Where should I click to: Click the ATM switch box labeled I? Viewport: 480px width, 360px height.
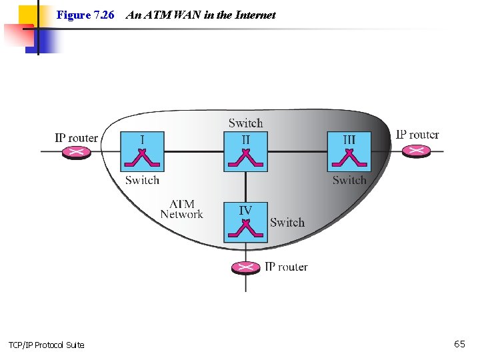tap(142, 151)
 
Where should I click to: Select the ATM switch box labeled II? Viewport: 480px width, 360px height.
tap(245, 151)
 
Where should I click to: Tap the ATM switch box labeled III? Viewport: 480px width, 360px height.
tap(349, 151)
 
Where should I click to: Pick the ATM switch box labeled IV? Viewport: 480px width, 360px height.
tap(245, 222)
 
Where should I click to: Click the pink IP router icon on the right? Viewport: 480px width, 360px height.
tap(417, 151)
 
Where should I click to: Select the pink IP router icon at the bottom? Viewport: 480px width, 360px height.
tap(246, 267)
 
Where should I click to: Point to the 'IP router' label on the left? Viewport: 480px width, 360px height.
tap(76, 138)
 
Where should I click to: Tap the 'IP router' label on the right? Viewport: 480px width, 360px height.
tap(417, 135)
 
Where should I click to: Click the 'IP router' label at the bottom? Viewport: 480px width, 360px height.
tap(286, 267)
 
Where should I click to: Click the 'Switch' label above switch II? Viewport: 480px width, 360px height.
tap(245, 123)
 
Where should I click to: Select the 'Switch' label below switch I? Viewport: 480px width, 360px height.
tap(142, 180)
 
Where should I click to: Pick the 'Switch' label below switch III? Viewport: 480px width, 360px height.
tap(349, 180)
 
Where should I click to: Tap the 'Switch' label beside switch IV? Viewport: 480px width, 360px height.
tap(287, 223)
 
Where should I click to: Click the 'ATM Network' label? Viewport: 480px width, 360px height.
tap(181, 209)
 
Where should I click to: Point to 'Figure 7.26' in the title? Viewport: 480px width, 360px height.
tap(85, 15)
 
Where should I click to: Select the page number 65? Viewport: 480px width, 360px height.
tap(459, 344)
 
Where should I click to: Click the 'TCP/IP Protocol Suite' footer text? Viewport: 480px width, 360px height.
tap(47, 345)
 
